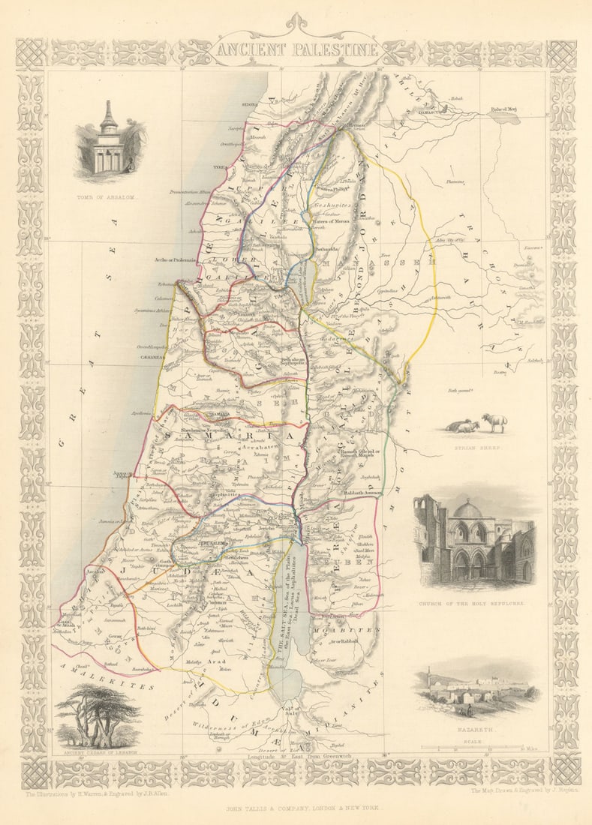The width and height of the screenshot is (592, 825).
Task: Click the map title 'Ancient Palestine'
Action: click(297, 50)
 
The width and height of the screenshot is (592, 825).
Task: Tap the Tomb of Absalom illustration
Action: click(110, 142)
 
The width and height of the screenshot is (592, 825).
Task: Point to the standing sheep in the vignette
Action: click(494, 422)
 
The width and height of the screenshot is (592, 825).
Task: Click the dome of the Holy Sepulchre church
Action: click(467, 511)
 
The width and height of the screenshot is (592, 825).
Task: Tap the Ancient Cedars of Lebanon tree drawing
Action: click(98, 712)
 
